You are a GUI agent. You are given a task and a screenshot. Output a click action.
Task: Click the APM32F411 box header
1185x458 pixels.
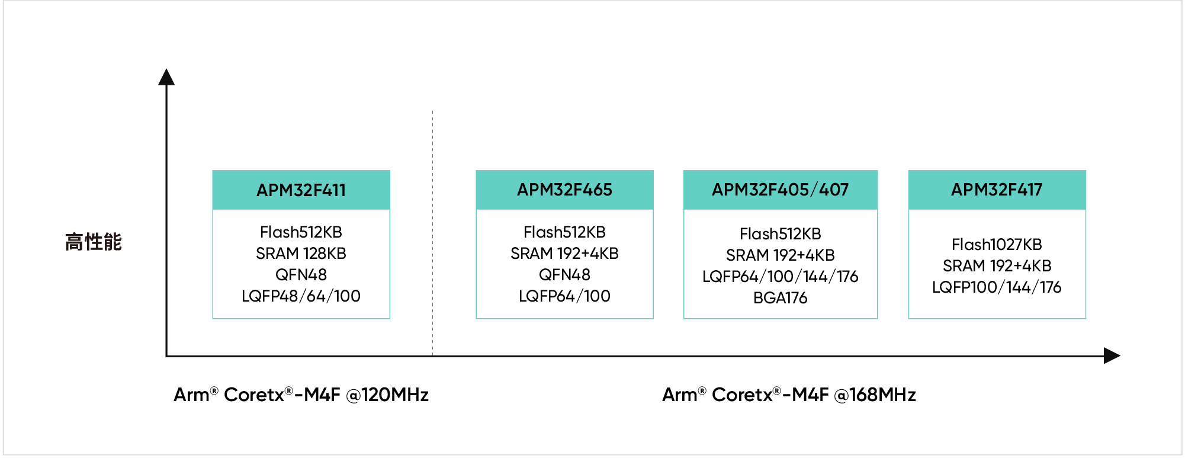(301, 190)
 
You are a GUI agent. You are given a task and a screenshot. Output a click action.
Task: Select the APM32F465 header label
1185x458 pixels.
(564, 190)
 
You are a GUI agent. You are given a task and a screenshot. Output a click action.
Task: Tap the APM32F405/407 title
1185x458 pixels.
(780, 190)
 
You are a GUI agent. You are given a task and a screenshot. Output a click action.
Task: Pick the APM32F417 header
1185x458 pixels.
(997, 190)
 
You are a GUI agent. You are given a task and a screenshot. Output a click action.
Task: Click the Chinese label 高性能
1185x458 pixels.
(94, 242)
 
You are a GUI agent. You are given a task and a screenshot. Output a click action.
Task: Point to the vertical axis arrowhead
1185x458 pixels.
(166, 77)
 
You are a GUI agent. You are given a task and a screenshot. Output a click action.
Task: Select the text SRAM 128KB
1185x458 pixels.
(301, 254)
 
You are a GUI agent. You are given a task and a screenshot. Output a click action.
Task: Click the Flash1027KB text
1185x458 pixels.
(997, 245)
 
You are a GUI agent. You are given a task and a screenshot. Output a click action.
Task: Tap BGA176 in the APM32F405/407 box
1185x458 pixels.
(780, 298)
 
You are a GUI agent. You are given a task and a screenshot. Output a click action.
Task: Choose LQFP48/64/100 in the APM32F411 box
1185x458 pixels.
(301, 296)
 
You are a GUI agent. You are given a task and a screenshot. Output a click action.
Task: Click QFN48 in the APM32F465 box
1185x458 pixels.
(564, 275)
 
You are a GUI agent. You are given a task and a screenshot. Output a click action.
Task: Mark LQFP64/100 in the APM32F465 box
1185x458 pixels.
(564, 296)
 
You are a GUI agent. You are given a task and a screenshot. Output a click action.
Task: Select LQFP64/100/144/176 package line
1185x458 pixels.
(780, 277)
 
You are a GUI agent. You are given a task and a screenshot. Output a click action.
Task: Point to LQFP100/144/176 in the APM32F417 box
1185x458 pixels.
(997, 287)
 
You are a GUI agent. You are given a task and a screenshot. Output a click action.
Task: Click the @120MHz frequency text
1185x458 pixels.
(387, 395)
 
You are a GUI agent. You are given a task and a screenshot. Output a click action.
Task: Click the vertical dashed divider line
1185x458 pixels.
(433, 237)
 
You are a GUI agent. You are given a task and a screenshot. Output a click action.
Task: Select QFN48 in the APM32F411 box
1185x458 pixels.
(301, 275)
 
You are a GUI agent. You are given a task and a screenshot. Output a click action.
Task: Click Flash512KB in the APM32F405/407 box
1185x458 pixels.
(780, 234)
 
